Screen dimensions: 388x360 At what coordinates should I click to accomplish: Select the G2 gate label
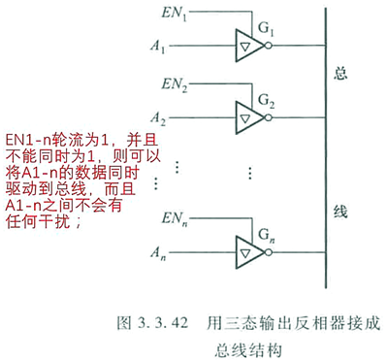266,99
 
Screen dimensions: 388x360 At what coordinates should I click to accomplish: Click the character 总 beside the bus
339,75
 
